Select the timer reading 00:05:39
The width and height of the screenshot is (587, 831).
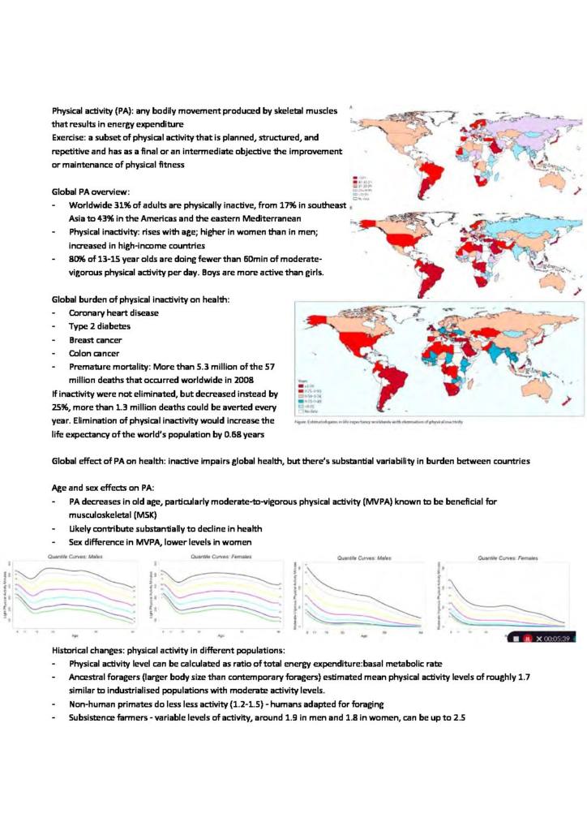point(560,638)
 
